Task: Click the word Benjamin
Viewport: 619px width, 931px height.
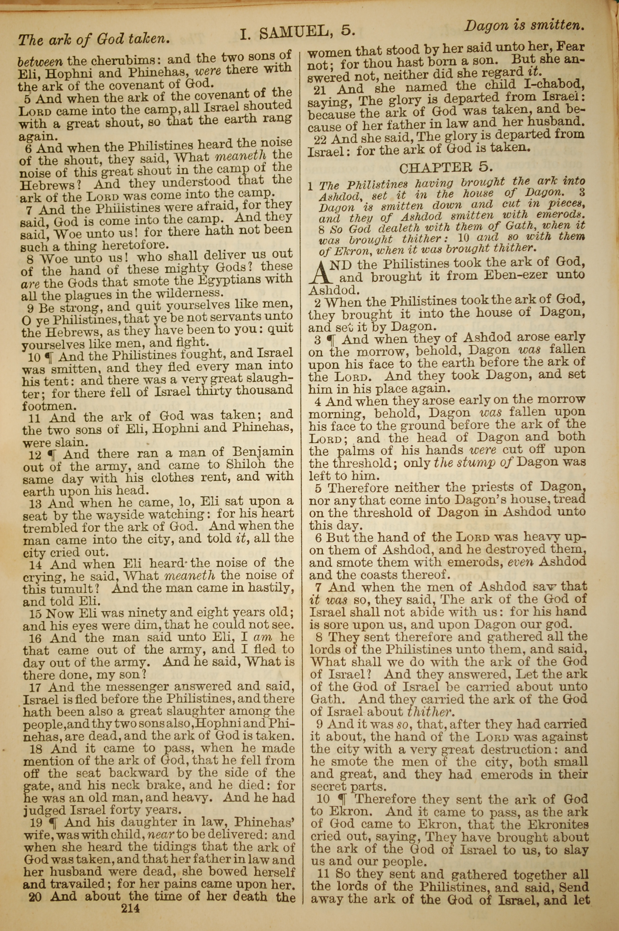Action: (x=262, y=452)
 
